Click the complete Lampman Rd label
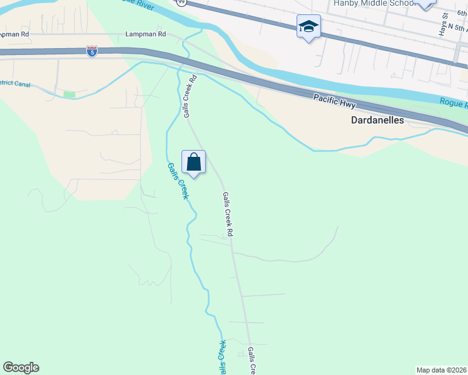pyautogui.click(x=145, y=34)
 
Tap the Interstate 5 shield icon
pyautogui.click(x=92, y=51)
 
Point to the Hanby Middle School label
pyautogui.click(x=374, y=3)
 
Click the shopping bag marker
pyautogui.click(x=194, y=162)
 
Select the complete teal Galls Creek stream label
pyautogui.click(x=178, y=181)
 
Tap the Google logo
pyautogui.click(x=21, y=367)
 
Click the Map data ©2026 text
pyautogui.click(x=441, y=370)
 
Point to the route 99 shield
pyautogui.click(x=181, y=2)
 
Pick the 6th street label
pyautogui.click(x=461, y=12)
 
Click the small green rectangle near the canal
pyautogui.click(x=69, y=94)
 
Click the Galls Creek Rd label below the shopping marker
pyautogui.click(x=228, y=214)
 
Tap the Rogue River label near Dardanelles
pyautogui.click(x=454, y=103)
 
